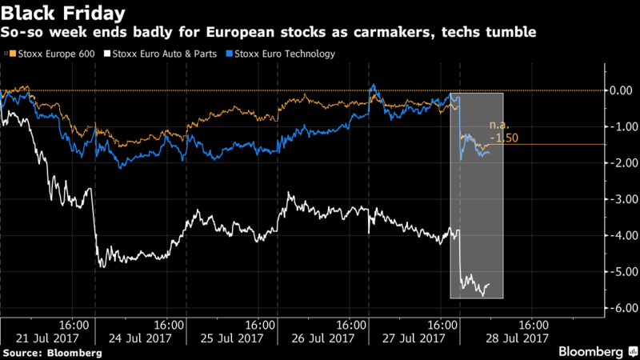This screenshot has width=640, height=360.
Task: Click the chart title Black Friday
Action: point(63,13)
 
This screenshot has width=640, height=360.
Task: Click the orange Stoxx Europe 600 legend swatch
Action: point(13,54)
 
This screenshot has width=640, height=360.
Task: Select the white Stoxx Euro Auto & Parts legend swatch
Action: point(107,54)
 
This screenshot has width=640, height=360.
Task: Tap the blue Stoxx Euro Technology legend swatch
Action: point(230,54)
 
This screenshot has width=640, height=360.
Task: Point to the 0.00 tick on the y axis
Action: point(621,90)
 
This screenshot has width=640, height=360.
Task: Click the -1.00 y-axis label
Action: point(621,126)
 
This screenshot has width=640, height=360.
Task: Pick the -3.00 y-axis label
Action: point(621,199)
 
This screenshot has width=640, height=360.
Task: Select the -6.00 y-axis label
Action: point(621,308)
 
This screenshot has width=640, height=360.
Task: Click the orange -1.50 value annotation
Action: point(504,138)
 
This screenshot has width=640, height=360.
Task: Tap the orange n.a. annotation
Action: point(499,126)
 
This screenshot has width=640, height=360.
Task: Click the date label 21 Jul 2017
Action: point(47,338)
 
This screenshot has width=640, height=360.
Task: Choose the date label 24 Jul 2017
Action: point(140,338)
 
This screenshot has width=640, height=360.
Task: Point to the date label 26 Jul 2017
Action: point(323,338)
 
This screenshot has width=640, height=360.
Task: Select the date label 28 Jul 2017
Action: point(517,338)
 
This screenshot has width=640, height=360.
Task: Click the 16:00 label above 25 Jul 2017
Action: point(259,326)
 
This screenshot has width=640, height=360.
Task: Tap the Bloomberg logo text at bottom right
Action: point(590,351)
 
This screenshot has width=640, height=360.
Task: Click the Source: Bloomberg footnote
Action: point(53,353)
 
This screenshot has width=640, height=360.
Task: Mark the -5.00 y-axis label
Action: point(621,271)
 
